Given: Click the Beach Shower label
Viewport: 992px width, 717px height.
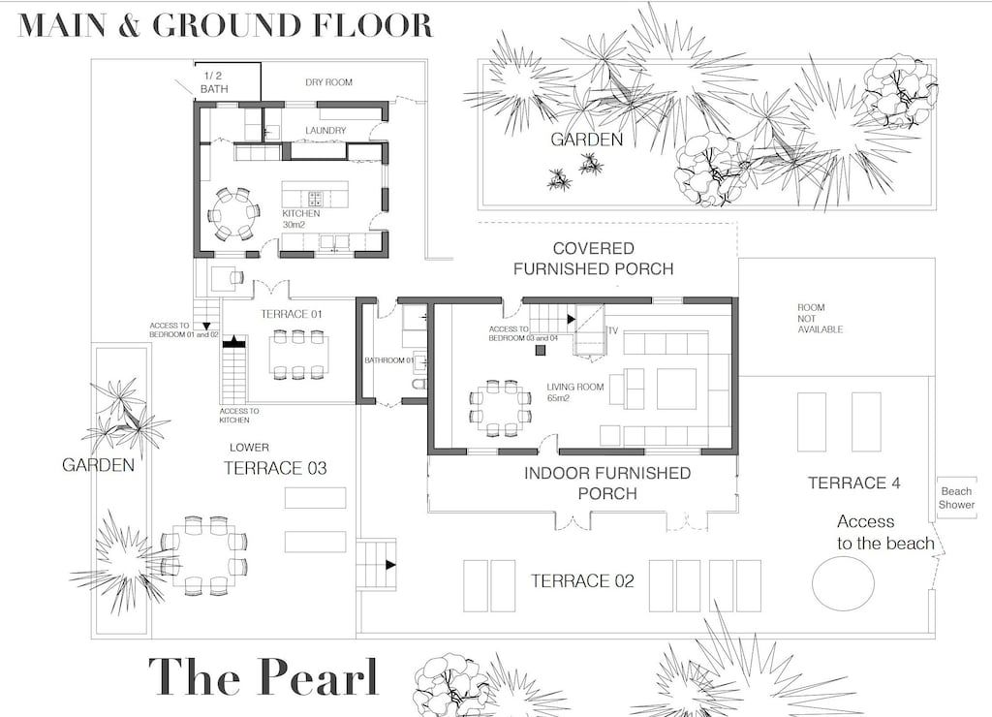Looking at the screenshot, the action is click(x=956, y=498).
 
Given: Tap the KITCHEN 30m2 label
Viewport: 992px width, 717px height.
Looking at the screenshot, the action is click(x=300, y=219).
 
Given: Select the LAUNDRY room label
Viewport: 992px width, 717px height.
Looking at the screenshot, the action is click(x=325, y=131).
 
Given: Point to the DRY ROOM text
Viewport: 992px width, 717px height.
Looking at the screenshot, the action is click(x=329, y=82).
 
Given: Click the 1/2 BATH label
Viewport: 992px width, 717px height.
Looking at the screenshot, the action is click(x=214, y=83).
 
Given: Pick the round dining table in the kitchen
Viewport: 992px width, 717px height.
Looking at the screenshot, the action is click(x=234, y=214).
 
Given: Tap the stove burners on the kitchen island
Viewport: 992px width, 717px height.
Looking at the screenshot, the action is click(x=316, y=199).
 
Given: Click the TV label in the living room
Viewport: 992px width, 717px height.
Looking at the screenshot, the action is click(x=612, y=331).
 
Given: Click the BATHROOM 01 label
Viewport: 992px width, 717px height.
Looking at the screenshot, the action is click(x=388, y=360).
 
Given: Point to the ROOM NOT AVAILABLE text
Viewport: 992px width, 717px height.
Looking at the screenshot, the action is click(x=820, y=319).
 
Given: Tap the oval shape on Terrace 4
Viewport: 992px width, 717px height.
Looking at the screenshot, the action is click(x=843, y=583).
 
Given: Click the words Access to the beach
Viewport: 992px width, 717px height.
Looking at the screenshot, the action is click(x=885, y=532).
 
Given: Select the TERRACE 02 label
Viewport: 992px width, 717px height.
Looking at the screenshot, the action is click(x=582, y=581).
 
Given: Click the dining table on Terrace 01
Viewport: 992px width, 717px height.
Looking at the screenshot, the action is click(x=298, y=355).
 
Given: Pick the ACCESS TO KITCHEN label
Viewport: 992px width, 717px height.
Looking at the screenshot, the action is click(x=239, y=416).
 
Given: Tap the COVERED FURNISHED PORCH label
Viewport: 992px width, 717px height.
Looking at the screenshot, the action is click(x=594, y=258).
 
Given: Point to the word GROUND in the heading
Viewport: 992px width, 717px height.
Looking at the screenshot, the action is click(x=226, y=24).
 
